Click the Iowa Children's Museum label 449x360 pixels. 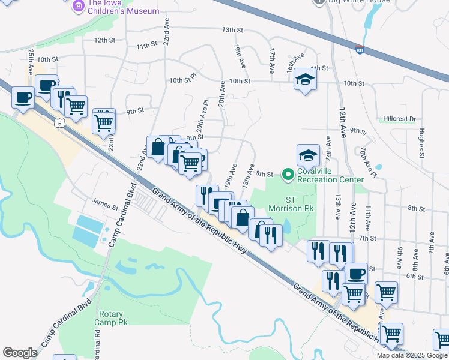[124, 6]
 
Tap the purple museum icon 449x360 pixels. [77, 6]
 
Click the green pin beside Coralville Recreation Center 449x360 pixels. [288, 175]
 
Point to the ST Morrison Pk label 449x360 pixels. [291, 204]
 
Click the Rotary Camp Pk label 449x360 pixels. [113, 318]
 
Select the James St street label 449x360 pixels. [104, 205]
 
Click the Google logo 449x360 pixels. [20, 352]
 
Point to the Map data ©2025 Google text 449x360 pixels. [412, 355]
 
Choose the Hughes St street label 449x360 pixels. [421, 146]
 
